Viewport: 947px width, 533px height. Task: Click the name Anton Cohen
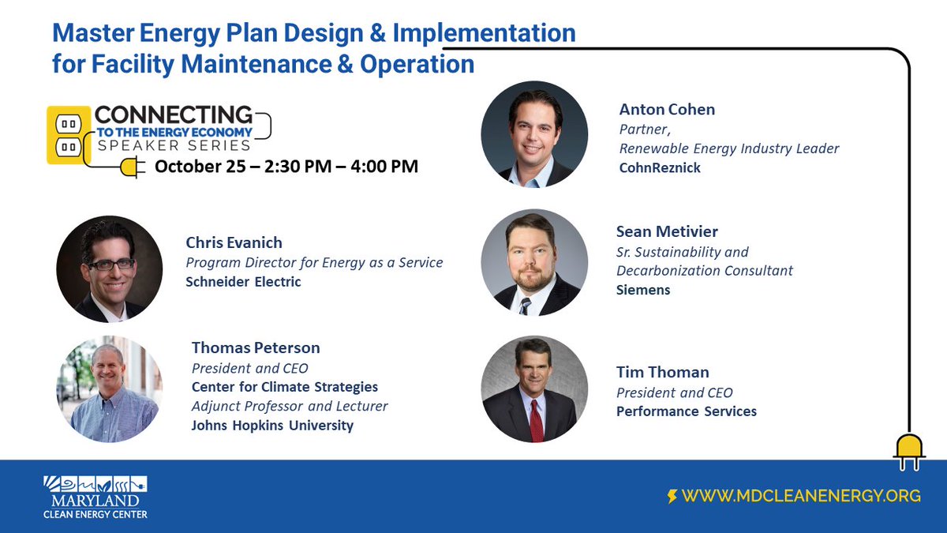[x=667, y=110]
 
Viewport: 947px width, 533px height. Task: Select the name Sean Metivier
[x=667, y=231]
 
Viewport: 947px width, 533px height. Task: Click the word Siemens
[x=643, y=290]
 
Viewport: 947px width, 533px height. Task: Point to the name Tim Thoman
[x=662, y=372]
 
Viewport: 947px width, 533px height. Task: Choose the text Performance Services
[x=686, y=411]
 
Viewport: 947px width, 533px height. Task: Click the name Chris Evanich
[x=234, y=242]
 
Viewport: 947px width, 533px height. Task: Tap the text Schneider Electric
[x=243, y=282]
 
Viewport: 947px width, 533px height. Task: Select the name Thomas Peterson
[x=256, y=347]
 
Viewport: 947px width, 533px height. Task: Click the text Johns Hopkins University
[x=272, y=426]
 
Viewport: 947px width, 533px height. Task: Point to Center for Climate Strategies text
[x=284, y=387]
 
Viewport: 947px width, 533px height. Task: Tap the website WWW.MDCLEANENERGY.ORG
[x=801, y=496]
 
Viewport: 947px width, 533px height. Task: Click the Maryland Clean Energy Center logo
[x=95, y=497]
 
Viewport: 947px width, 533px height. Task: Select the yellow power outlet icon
[x=67, y=135]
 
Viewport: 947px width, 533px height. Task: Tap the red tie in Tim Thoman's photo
[x=536, y=418]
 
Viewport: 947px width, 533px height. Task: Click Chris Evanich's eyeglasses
[x=109, y=265]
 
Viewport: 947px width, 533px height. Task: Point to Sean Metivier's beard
[x=533, y=280]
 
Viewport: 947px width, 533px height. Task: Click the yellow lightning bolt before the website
[x=672, y=497]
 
